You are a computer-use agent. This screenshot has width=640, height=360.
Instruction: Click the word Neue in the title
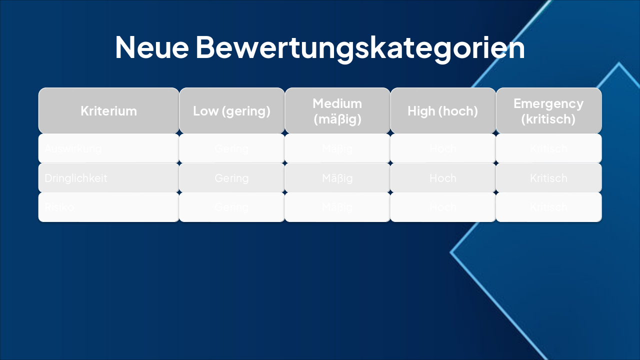point(151,47)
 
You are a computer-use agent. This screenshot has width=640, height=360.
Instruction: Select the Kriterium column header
point(108,111)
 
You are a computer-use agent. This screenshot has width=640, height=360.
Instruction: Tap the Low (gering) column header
point(231,111)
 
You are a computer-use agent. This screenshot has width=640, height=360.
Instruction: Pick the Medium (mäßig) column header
point(337,111)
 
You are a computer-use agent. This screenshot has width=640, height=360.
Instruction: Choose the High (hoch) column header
point(442,111)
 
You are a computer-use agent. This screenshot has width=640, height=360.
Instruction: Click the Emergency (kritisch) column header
point(548,111)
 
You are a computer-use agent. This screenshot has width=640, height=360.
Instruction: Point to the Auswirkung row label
point(73,148)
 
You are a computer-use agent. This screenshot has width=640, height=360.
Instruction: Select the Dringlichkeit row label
point(76,178)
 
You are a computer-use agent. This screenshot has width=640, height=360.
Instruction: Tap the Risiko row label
point(59,207)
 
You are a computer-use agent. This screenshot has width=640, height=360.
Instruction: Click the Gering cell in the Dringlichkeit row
point(231,178)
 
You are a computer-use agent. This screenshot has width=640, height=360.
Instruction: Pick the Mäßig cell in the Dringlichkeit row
point(337,178)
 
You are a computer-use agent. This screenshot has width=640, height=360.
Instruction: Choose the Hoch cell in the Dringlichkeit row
point(442,178)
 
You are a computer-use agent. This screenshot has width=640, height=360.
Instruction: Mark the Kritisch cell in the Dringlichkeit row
point(548,178)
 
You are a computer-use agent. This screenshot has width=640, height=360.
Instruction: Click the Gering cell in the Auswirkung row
point(231,148)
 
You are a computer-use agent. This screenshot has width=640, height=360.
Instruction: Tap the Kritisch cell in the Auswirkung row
point(548,148)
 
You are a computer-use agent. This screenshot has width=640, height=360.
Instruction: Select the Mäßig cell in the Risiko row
point(337,207)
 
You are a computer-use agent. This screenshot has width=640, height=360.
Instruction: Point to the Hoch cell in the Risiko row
point(442,207)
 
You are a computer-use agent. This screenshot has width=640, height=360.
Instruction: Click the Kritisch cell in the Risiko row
point(548,207)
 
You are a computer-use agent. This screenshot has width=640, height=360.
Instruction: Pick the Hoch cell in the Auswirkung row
point(442,148)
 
